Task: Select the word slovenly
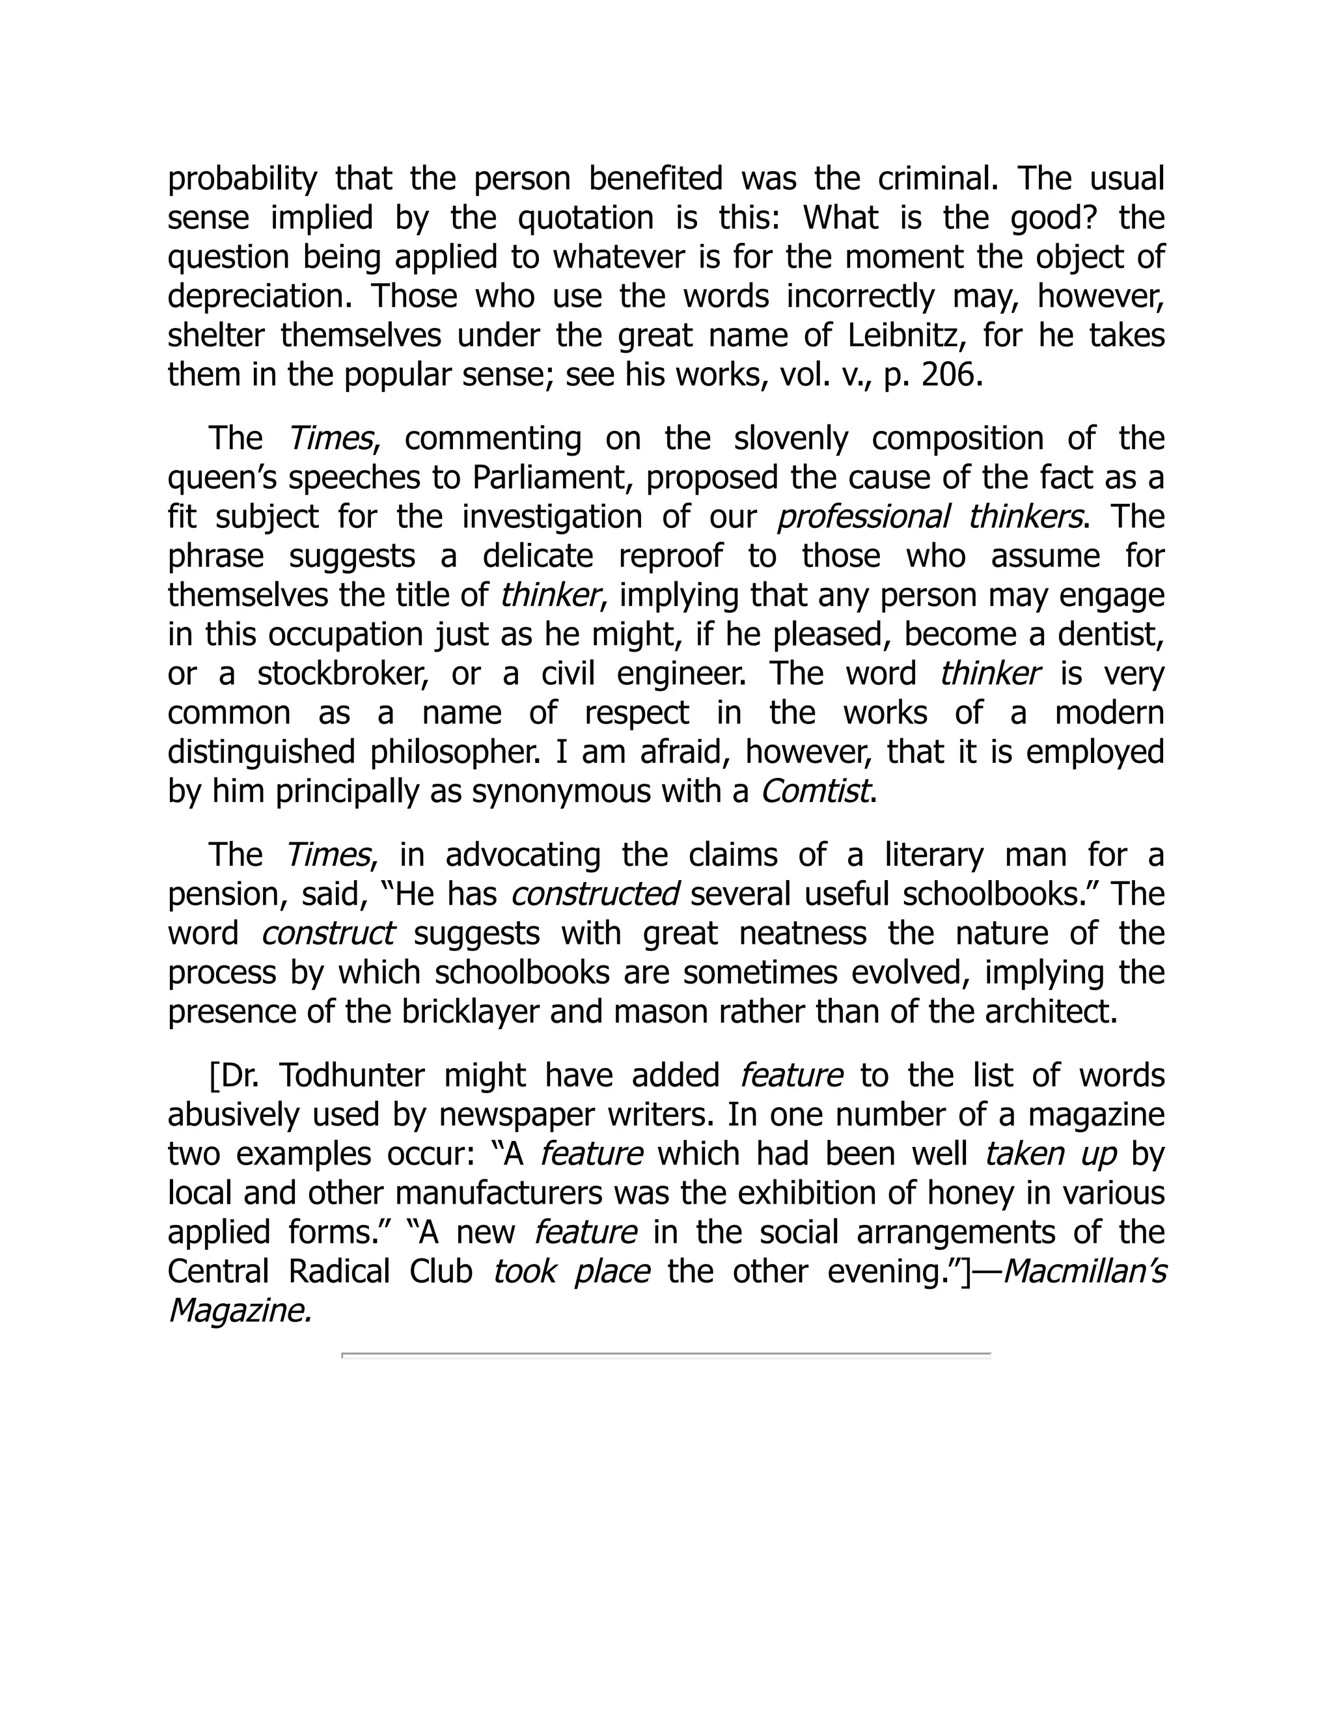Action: pyautogui.click(x=790, y=438)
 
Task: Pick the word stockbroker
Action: pyautogui.click(x=343, y=674)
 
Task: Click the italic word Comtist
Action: pyautogui.click(x=815, y=792)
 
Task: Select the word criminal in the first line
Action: pyautogui.click(x=937, y=179)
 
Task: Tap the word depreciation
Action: pyautogui.click(x=258, y=297)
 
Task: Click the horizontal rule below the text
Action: pyautogui.click(x=666, y=1354)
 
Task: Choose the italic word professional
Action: pyautogui.click(x=863, y=517)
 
